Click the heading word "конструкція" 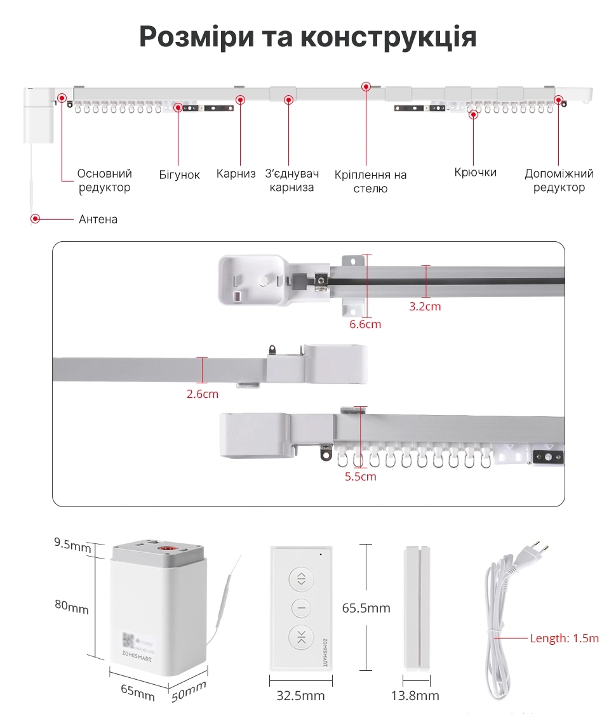coord(388,38)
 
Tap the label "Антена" coord(98,220)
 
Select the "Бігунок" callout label coord(180,175)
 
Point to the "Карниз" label coord(236,173)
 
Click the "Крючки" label coord(475,173)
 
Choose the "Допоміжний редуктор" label coord(559,180)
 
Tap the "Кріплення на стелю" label coord(370,182)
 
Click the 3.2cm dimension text coord(425,307)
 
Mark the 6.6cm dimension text coord(365,324)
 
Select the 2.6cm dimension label coord(202,394)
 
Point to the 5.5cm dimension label coord(360,476)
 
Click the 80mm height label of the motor coord(71,607)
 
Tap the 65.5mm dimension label coord(366,608)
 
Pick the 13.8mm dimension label coord(415,696)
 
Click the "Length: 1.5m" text coord(564,638)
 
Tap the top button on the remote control coord(301,578)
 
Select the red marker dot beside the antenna coord(36,219)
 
